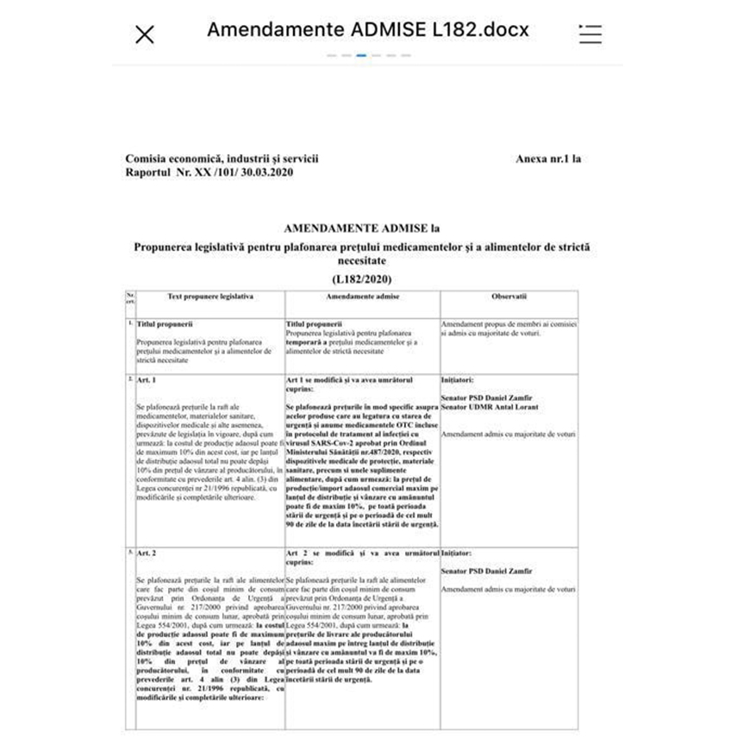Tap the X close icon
click(145, 34)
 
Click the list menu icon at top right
click(590, 34)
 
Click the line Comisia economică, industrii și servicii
click(222, 159)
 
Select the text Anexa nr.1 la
click(548, 159)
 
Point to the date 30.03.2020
click(265, 172)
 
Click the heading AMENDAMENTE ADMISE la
click(361, 228)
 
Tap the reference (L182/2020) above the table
click(361, 279)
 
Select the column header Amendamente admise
click(362, 296)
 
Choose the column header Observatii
click(509, 296)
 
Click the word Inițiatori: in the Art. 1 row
click(458, 379)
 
